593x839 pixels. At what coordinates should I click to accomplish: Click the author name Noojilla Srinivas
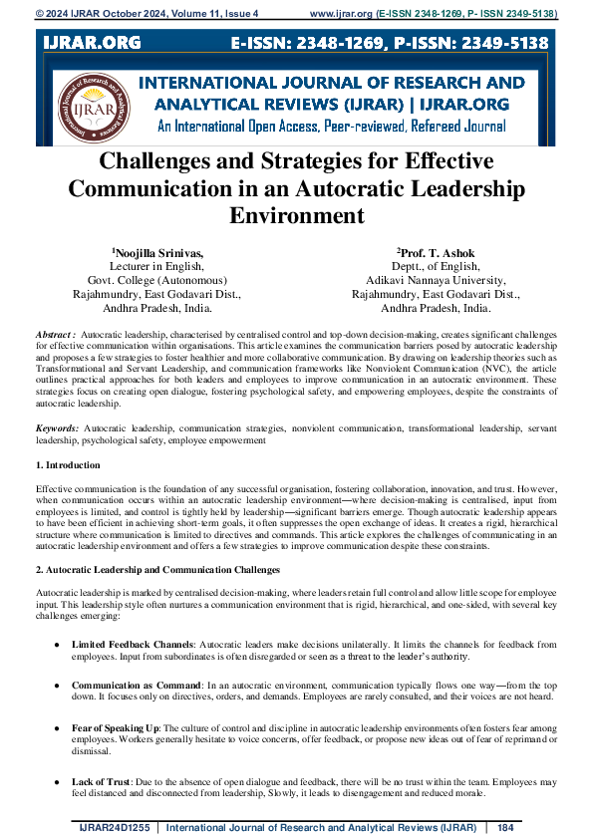pyautogui.click(x=158, y=253)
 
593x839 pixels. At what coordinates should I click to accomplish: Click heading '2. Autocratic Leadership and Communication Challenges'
pyautogui.click(x=157, y=569)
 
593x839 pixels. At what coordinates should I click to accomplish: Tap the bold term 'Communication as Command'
pyautogui.click(x=137, y=687)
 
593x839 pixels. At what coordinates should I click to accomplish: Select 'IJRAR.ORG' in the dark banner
pyautogui.click(x=93, y=43)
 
